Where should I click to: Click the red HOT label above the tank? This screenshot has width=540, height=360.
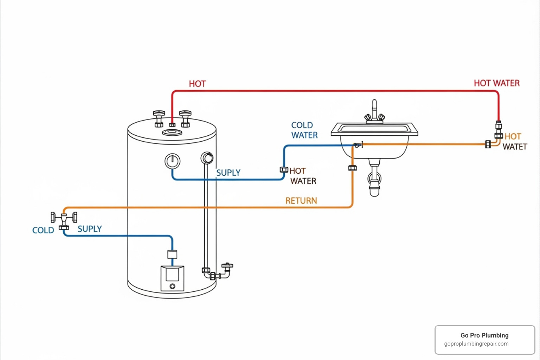tap(197, 84)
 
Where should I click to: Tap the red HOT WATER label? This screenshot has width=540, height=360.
tap(496, 83)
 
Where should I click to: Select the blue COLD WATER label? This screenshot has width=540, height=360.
tap(304, 130)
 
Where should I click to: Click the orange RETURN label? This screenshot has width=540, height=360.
tap(301, 201)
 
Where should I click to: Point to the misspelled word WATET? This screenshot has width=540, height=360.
tap(515, 147)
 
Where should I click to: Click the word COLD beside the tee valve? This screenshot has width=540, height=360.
tap(43, 230)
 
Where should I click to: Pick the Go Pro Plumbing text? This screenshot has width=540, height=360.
tap(484, 335)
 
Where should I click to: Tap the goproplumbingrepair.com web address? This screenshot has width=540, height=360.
tap(476, 344)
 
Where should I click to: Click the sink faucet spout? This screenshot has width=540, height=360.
tap(374, 107)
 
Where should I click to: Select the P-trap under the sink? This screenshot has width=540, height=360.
tap(374, 181)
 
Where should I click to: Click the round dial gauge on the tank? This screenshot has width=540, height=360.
tap(172, 161)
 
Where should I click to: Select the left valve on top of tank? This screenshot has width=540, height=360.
tap(159, 118)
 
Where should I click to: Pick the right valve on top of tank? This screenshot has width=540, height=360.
tap(185, 118)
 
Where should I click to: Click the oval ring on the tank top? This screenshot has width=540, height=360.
tap(172, 133)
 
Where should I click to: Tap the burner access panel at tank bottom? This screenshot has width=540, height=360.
tap(172, 278)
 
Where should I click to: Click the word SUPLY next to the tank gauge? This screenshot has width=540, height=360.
tap(228, 173)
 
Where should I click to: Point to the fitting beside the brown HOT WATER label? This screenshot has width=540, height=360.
tap(284, 170)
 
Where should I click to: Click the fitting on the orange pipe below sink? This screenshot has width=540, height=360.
tap(352, 168)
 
